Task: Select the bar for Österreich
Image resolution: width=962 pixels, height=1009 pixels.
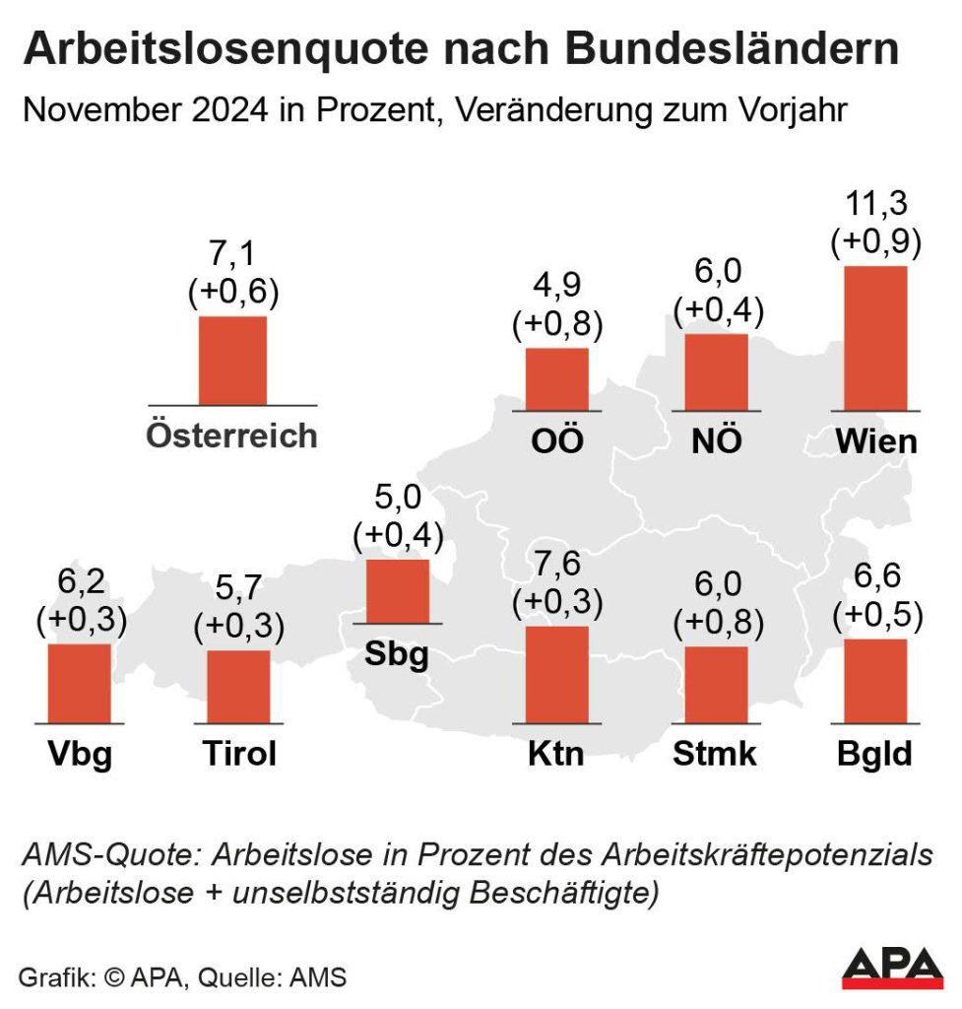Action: coord(232,361)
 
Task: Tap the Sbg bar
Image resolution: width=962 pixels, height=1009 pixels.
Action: coord(398,591)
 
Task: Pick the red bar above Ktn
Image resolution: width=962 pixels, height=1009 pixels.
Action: coord(557,674)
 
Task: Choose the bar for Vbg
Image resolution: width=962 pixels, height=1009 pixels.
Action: coord(80,683)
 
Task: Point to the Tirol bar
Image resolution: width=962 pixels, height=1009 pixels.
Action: coord(238,686)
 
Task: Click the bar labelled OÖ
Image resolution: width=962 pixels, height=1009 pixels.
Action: coord(557,378)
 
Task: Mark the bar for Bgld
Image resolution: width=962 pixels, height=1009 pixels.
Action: coord(875,681)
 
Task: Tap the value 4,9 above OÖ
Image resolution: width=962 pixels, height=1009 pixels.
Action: coord(557,286)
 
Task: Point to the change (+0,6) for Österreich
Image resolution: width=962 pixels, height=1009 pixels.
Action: coord(233,293)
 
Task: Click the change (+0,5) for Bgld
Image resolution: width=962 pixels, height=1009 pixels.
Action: coord(876,616)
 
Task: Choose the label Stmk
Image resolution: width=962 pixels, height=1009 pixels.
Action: coord(716,755)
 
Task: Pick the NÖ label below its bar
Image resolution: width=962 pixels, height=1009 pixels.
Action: coord(717,440)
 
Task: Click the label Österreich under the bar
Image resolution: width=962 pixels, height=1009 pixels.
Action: coord(232,436)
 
